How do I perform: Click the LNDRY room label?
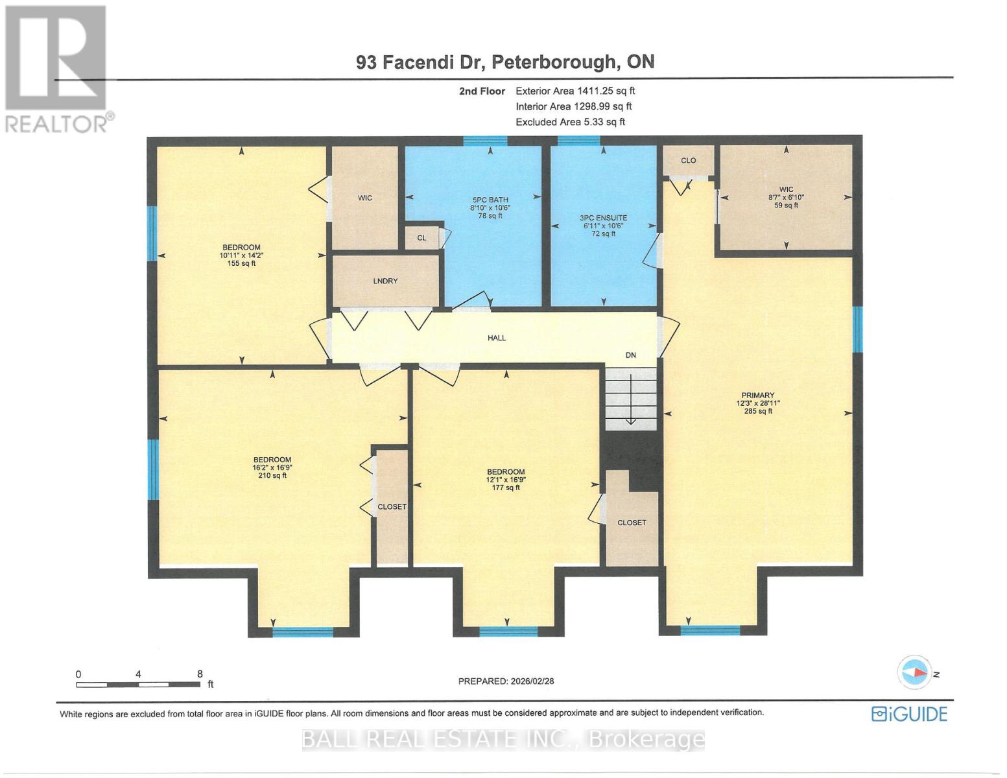click(x=385, y=281)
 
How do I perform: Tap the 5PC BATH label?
click(x=490, y=207)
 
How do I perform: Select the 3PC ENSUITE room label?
click(x=603, y=226)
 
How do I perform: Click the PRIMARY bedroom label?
click(x=758, y=403)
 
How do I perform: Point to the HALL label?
click(x=497, y=338)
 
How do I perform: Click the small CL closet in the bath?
click(x=421, y=238)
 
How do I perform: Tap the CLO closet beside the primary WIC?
click(x=688, y=160)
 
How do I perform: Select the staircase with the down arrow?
click(x=631, y=398)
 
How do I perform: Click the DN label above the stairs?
click(x=630, y=355)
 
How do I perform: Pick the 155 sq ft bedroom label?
click(x=241, y=255)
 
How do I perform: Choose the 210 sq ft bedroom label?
click(x=272, y=467)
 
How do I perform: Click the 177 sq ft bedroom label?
click(x=506, y=480)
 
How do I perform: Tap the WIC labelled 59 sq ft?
click(x=786, y=197)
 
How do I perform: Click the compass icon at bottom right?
click(x=914, y=672)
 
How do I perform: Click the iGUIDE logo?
click(x=909, y=714)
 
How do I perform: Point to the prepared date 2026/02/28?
click(x=506, y=681)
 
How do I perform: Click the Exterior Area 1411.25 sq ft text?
click(x=575, y=91)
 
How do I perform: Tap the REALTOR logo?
click(x=56, y=68)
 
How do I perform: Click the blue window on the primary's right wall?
click(x=857, y=329)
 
